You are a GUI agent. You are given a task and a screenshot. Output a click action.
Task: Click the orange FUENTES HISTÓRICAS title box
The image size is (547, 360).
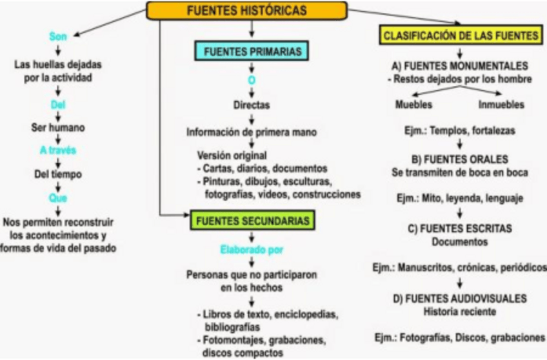(x=246, y=10)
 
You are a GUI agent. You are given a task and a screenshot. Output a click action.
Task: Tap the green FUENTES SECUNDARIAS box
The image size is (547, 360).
(x=252, y=221)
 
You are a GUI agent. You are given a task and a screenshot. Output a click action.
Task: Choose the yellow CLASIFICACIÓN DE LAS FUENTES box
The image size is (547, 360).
(x=461, y=37)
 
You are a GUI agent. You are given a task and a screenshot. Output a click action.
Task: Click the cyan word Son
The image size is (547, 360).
(x=58, y=37)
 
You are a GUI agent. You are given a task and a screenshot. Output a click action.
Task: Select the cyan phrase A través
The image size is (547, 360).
(x=58, y=150)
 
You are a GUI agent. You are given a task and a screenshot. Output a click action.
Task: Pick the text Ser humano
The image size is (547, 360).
(x=58, y=126)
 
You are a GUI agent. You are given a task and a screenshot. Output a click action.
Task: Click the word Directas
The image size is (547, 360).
(x=252, y=105)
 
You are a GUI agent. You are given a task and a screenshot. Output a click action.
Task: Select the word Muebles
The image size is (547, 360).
(x=414, y=105)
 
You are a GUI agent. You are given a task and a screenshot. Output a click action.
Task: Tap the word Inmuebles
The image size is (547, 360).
(x=502, y=105)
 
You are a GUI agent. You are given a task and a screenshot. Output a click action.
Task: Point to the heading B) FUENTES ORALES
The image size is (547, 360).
(x=460, y=159)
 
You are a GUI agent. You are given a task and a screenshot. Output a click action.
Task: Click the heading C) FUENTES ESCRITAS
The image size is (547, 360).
(x=460, y=229)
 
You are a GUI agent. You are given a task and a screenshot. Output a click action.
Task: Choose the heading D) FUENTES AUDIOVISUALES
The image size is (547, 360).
(x=460, y=299)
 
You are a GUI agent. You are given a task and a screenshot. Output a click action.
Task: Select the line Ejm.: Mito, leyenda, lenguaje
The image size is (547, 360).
(x=460, y=197)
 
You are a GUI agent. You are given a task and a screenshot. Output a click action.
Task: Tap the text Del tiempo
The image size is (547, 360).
(x=58, y=174)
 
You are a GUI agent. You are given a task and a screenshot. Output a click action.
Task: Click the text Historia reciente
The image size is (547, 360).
(x=460, y=311)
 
